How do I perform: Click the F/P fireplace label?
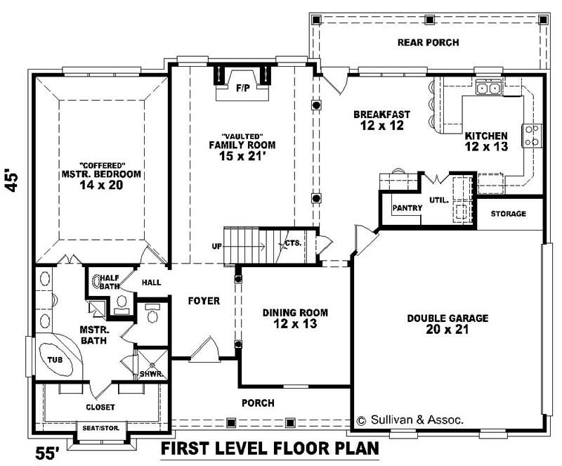(x=242, y=89)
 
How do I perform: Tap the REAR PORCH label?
(x=428, y=43)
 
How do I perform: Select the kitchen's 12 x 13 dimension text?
(x=485, y=147)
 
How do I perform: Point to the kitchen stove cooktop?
(x=532, y=135)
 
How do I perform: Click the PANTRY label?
(x=407, y=208)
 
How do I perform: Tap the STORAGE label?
(x=508, y=214)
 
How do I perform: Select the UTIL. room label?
(x=438, y=200)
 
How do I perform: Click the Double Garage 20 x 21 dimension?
(x=447, y=330)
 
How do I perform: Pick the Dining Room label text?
(x=295, y=313)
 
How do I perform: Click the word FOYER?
(x=204, y=301)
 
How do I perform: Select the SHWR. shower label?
(x=151, y=374)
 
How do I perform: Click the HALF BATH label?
(x=109, y=281)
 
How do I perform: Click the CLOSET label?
(x=100, y=407)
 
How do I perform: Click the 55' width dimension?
(x=48, y=451)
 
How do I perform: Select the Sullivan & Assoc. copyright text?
(x=410, y=420)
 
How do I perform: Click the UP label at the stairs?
(x=216, y=246)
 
